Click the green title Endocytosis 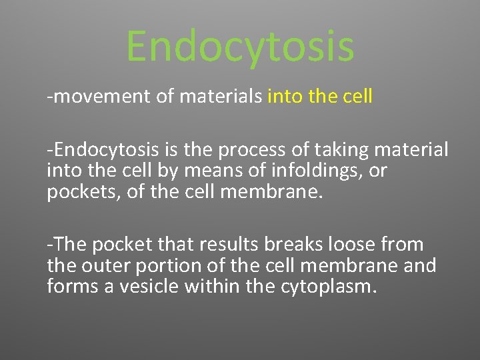click(x=240, y=47)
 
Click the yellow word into click(x=285, y=97)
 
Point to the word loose click(x=354, y=245)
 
